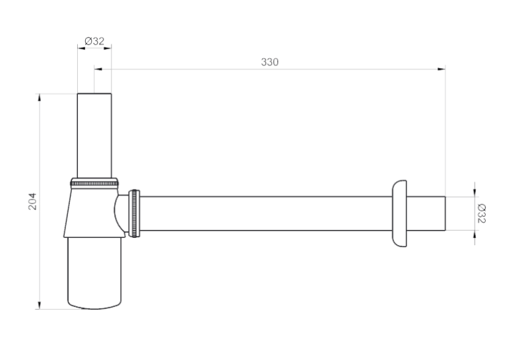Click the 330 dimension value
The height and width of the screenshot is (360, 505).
click(269, 62)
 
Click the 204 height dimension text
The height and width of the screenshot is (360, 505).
click(32, 201)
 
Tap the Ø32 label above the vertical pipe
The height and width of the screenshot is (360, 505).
click(94, 41)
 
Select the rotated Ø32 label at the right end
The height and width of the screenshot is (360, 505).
click(481, 213)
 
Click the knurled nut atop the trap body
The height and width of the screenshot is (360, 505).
click(94, 183)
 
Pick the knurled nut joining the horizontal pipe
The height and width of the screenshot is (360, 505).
click(134, 213)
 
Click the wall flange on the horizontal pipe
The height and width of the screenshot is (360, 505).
click(399, 213)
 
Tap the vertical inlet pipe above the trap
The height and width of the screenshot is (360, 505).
click(94, 135)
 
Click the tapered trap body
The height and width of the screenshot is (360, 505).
click(93, 213)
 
